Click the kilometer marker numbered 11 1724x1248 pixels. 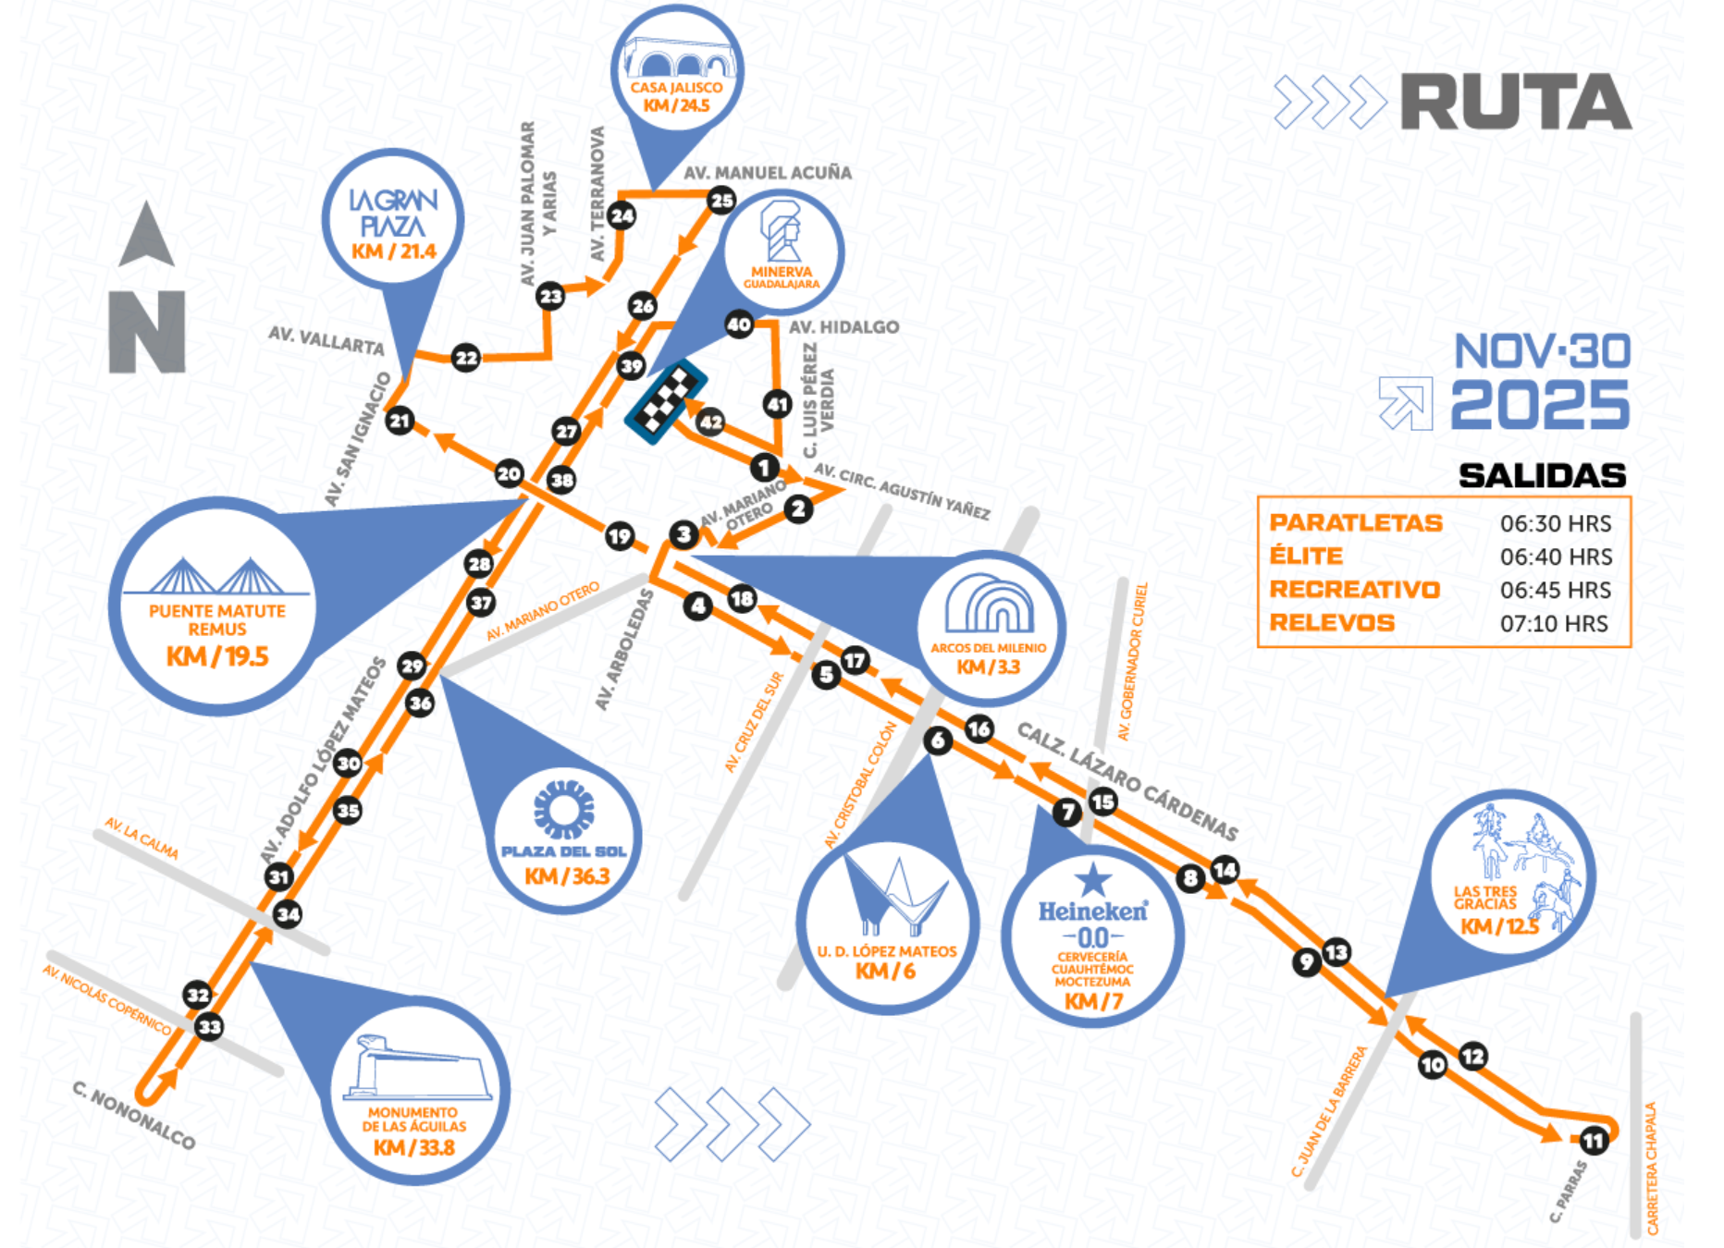point(1593,1141)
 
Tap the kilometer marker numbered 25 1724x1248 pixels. point(721,200)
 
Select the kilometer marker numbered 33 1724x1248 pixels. point(210,1026)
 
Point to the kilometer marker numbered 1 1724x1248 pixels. point(764,467)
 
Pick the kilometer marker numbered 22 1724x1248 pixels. point(466,358)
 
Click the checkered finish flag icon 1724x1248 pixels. point(666,402)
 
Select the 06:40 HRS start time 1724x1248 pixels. point(1556,557)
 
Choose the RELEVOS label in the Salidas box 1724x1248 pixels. point(1332,623)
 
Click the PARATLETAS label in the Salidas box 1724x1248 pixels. point(1355,523)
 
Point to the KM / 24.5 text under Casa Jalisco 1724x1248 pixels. point(677,105)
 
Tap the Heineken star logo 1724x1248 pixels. point(1092,879)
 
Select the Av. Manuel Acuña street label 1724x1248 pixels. point(768,173)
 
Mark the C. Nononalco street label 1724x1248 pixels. point(134,1116)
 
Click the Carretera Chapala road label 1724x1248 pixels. point(1652,1168)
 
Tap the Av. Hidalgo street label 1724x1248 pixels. point(844,327)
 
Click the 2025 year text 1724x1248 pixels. point(1539,405)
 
